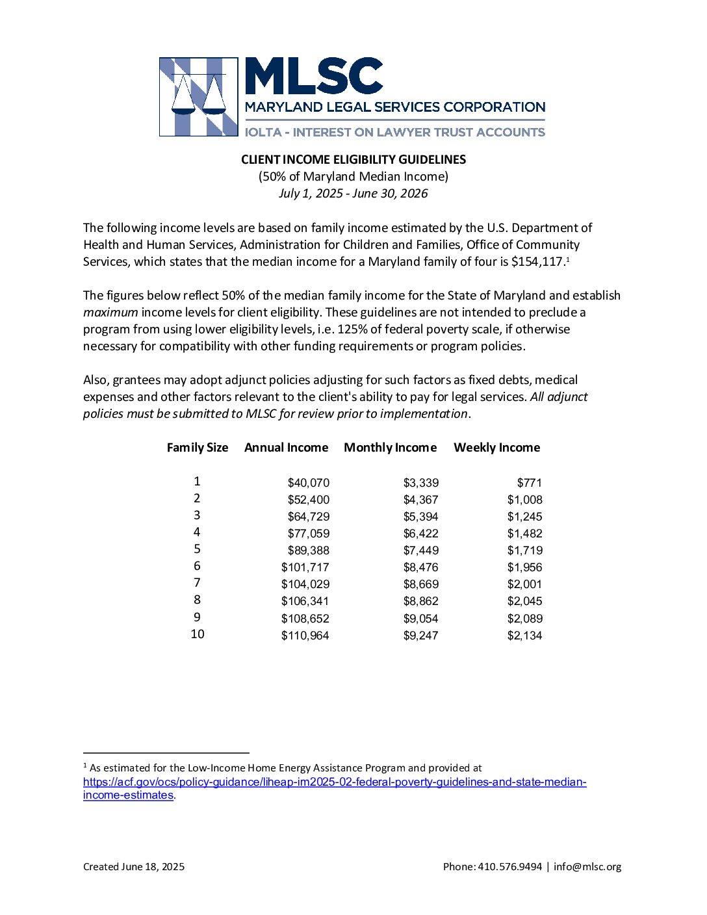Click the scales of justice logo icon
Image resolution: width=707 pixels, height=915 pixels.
tap(198, 97)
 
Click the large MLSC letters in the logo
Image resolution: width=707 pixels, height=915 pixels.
tap(314, 77)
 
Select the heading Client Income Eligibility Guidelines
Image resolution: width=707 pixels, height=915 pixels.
tap(353, 159)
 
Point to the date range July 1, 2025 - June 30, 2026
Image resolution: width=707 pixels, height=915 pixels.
tap(353, 193)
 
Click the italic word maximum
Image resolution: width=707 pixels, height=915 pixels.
tap(110, 313)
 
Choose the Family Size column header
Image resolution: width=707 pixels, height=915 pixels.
tap(198, 448)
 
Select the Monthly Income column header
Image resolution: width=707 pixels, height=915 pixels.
tap(390, 448)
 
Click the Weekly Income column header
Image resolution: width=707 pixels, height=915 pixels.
tap(496, 448)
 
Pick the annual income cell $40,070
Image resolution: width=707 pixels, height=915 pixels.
tap(309, 483)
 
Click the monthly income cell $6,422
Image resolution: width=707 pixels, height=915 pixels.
tap(421, 534)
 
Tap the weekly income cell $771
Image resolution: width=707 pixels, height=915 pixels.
tap(530, 483)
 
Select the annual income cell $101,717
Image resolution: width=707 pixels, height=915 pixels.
tap(305, 567)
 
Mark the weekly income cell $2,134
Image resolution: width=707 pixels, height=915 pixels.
tap(525, 636)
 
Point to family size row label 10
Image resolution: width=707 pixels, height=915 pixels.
tap(198, 634)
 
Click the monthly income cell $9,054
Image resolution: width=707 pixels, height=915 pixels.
tap(421, 619)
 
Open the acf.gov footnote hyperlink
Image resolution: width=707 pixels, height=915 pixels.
tap(335, 782)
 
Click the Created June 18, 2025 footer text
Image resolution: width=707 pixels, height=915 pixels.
tap(134, 867)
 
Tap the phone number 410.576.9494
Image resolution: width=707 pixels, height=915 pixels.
tap(509, 867)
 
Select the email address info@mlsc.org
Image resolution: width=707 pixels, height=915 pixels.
tap(587, 867)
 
